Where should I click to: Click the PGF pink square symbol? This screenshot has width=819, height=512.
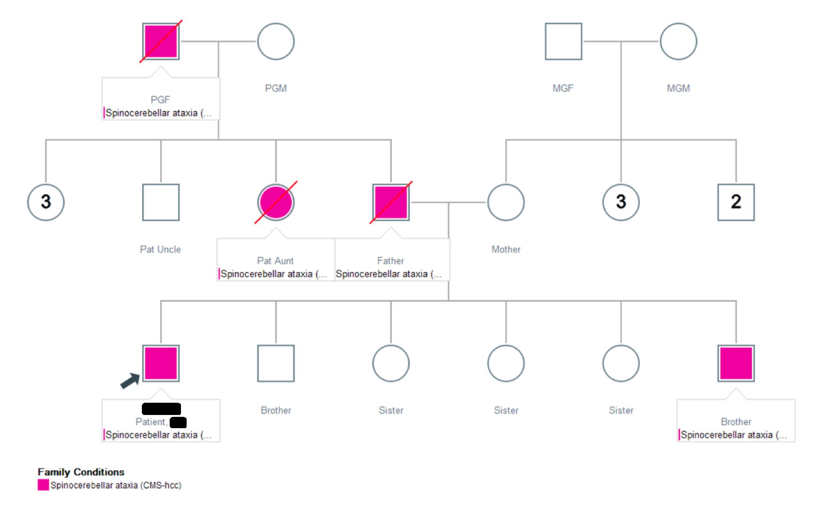[161, 41]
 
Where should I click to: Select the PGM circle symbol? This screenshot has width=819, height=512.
[276, 41]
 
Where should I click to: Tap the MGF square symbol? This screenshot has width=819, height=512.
[563, 41]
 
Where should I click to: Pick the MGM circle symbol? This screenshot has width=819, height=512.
[678, 41]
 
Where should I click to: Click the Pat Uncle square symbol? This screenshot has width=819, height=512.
[161, 202]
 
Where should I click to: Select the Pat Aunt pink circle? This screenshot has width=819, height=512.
[276, 202]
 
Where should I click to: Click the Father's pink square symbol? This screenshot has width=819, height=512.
[391, 202]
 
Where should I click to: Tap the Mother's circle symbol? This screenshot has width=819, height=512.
[506, 202]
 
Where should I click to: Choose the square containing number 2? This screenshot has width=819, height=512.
[736, 202]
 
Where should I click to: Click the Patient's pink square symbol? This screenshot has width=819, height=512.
[161, 363]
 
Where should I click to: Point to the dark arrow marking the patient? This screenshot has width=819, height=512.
[130, 381]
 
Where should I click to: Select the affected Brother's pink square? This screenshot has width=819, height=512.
[736, 363]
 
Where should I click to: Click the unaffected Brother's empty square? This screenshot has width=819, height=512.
[276, 363]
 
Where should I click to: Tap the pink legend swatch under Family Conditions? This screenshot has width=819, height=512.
[43, 485]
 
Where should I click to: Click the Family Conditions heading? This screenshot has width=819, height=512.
[81, 472]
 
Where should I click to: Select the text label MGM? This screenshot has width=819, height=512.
[678, 88]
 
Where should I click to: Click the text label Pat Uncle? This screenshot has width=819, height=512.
[160, 249]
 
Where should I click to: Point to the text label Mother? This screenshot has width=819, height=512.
[506, 249]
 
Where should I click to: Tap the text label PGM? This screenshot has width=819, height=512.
[276, 88]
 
